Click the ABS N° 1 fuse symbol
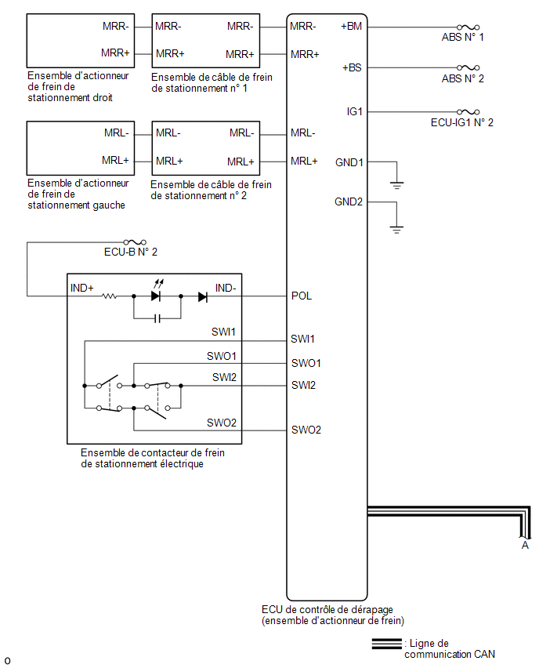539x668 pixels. coord(468,27)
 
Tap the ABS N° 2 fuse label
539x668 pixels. coord(463,79)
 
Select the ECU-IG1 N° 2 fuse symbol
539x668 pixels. coord(468,112)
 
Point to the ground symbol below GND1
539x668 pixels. coord(396,185)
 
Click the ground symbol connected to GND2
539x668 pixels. coord(396,230)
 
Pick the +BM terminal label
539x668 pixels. coord(351,27)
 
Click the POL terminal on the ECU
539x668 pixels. coord(302,296)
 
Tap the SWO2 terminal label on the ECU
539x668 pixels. coord(306,430)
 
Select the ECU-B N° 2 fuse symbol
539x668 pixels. coord(135,242)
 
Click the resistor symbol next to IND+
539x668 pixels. coord(110,296)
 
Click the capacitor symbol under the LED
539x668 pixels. coord(157,318)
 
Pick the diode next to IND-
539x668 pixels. coord(203,296)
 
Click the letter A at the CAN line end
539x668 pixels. coord(525,546)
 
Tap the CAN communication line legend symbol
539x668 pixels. coord(386,643)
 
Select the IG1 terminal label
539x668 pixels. coord(354,111)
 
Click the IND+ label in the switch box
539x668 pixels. coord(81,288)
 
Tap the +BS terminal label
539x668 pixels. coord(352,67)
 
